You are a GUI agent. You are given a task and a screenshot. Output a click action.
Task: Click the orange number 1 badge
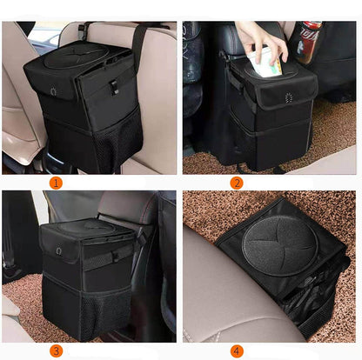coord(56,183)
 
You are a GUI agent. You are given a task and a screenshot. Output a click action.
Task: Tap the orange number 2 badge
coord(237,183)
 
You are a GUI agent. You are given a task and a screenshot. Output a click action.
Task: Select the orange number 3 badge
coord(56,351)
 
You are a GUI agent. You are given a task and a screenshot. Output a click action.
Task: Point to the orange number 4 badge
coord(237,351)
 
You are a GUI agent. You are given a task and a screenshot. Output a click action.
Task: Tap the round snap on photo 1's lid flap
coord(53,91)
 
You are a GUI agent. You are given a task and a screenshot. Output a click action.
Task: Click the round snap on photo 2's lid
coord(288,98)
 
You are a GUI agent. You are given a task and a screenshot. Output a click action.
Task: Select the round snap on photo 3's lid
coord(59,250)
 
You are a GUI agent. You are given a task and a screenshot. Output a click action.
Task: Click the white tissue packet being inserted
coord(265,63)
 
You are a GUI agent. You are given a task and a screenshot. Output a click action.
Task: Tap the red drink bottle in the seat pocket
coord(308,41)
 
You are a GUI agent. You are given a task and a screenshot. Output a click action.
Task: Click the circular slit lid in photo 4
coord(279,246)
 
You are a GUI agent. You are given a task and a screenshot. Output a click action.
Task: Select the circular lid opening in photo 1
coord(77,55)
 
